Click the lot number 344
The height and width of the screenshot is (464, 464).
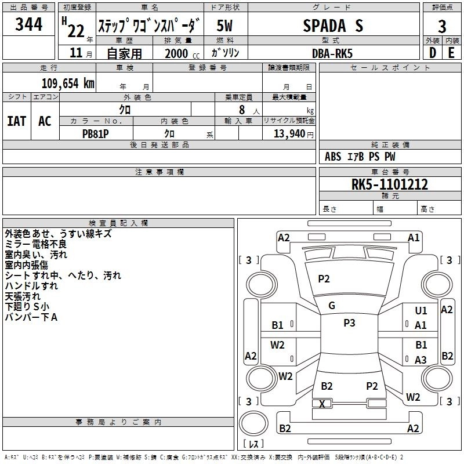point(28,25)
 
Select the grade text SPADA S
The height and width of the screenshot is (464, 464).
point(333,25)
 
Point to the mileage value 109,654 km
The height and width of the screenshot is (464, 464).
point(68,83)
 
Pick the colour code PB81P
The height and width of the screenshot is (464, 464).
point(96,132)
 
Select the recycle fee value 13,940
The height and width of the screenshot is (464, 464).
point(288,133)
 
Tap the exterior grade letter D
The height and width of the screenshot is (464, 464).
point(432,53)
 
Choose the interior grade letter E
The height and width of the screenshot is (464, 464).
point(451,53)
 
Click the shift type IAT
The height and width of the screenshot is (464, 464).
point(17,121)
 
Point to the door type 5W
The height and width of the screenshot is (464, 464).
point(226,25)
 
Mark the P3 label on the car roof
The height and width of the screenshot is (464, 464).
point(349,323)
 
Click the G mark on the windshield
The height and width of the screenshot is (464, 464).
point(332,306)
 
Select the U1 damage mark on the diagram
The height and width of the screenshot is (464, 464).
point(421,311)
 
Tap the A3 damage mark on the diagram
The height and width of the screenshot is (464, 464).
point(421,360)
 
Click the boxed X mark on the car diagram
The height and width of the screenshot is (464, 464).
point(322,403)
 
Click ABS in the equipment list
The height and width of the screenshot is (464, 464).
point(333,157)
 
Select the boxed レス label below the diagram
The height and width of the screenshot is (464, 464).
point(253,444)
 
